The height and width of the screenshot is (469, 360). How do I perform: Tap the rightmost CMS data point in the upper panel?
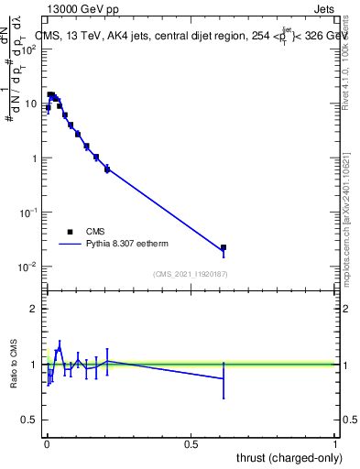[224, 247]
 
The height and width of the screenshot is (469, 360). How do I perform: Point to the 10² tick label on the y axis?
[28, 49]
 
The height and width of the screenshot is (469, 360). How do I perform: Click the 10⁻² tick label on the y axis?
[28, 267]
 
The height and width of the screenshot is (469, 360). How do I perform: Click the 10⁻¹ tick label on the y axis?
[28, 213]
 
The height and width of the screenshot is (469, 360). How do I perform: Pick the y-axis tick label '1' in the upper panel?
[35, 158]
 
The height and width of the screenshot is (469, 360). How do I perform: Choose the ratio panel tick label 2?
[35, 309]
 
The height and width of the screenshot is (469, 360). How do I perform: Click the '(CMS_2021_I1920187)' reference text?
[191, 274]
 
